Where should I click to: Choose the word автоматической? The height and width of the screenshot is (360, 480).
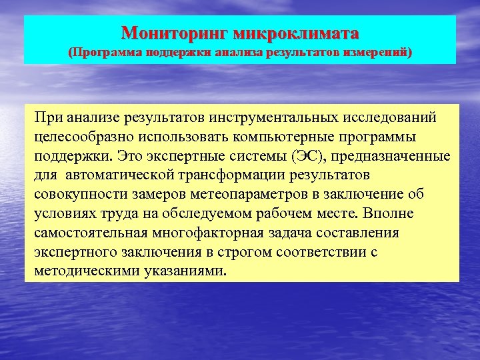click(127, 175)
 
